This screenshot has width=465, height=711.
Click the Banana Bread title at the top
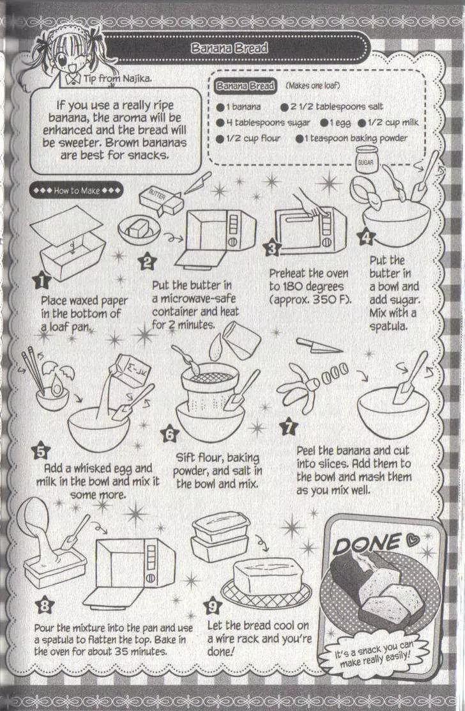(229, 47)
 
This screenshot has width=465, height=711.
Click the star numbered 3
(272, 247)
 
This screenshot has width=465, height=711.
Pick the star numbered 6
(170, 434)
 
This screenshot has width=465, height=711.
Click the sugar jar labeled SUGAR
(366, 160)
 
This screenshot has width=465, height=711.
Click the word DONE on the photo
(367, 543)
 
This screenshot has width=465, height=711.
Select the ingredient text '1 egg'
(336, 123)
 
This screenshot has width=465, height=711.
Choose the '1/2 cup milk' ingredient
(388, 122)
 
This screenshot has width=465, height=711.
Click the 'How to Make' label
(76, 191)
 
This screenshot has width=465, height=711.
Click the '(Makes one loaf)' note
(312, 85)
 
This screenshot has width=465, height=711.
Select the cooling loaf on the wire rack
(267, 576)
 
